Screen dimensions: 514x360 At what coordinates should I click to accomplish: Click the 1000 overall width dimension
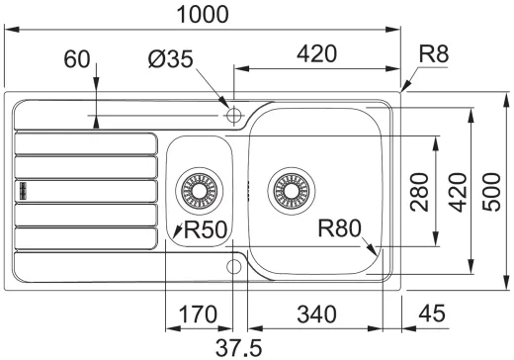tap(203, 15)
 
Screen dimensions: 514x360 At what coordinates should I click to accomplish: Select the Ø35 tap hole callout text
tap(170, 59)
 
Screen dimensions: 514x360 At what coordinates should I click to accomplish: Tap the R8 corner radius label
tap(434, 53)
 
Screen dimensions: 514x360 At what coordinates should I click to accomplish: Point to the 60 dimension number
tap(77, 59)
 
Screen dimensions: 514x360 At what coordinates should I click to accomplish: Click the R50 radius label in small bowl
tap(206, 229)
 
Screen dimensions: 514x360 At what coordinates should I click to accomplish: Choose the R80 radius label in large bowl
tap(339, 228)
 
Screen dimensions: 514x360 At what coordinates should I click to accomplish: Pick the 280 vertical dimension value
tap(419, 192)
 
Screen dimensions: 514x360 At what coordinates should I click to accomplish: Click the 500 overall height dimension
tap(491, 192)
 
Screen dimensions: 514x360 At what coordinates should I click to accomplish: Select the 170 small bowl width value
tap(198, 315)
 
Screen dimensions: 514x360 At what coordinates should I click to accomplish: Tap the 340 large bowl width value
tap(316, 315)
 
